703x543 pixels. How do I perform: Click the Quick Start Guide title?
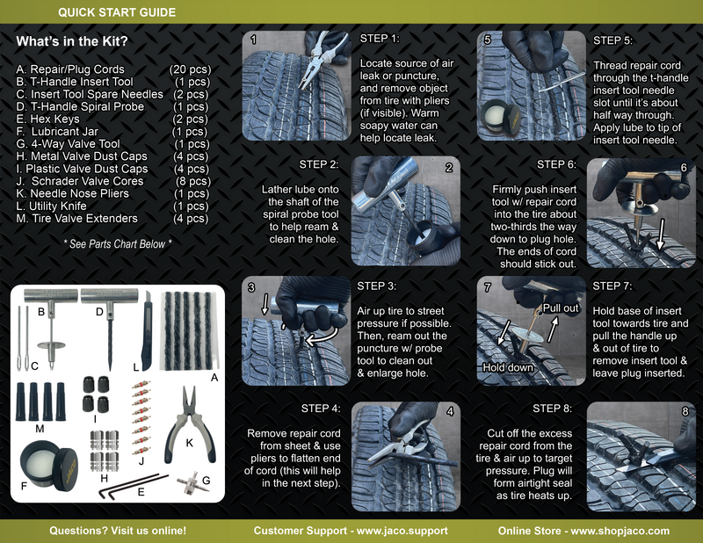[116, 12]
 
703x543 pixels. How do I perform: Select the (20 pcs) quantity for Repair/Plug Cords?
[190, 69]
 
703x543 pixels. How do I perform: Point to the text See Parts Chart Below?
[118, 243]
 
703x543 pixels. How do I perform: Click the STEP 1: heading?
[380, 40]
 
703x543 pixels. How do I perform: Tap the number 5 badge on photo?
[486, 40]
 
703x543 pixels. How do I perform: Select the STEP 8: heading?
[554, 409]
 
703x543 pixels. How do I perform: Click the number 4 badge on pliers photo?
[449, 411]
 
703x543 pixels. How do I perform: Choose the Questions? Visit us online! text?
[118, 531]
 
